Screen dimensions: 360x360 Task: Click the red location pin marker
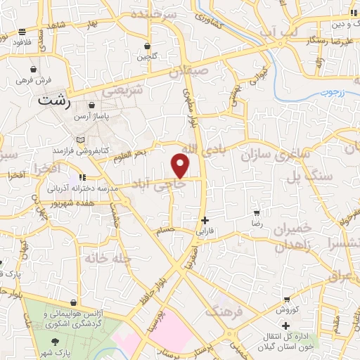pos(181,165)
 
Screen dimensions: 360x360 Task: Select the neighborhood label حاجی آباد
pos(181,181)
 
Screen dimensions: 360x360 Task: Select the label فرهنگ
pos(224,309)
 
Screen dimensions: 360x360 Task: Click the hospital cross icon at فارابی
pos(205,219)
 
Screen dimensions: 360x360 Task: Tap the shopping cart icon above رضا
pos(257,212)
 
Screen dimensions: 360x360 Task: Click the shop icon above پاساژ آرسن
pos(92,105)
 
